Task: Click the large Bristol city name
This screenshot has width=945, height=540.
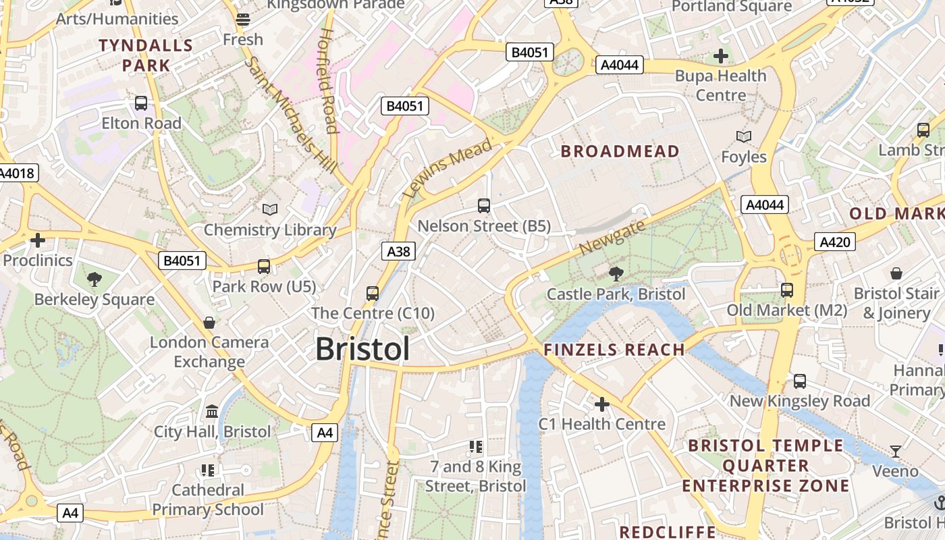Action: point(362,349)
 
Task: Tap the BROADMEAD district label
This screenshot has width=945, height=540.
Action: point(620,151)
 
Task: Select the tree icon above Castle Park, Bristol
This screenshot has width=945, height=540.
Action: point(616,273)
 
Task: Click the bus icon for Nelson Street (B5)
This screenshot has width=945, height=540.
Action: point(484,206)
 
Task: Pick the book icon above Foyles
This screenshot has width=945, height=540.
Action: point(744,137)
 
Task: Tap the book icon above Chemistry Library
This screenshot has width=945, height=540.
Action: point(270,210)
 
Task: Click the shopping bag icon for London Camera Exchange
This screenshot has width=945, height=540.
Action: point(209,323)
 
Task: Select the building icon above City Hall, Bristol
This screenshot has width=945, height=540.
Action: point(212,411)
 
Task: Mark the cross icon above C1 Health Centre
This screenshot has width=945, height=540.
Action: point(601,404)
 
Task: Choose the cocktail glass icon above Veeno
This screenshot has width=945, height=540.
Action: point(896,451)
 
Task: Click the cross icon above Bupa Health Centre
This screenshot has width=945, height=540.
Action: point(721,55)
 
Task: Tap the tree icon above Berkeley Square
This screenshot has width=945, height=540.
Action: point(94,279)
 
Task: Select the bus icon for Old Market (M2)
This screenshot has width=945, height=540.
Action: point(787,290)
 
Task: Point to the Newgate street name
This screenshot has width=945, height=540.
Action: point(612,237)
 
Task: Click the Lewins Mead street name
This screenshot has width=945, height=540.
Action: point(448,169)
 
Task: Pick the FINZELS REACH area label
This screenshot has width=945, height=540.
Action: point(614,350)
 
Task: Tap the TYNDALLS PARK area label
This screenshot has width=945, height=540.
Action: point(146,55)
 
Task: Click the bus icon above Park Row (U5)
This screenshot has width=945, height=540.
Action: point(264,267)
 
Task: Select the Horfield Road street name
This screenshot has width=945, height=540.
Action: point(328,81)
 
